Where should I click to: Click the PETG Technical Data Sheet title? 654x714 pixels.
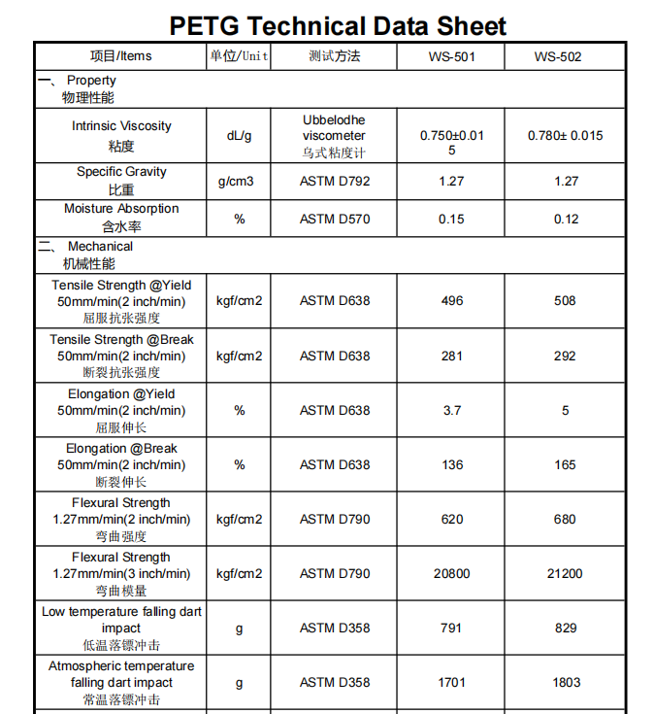(338, 25)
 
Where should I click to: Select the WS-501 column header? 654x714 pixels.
(451, 56)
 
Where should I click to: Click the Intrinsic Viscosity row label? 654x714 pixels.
(121, 135)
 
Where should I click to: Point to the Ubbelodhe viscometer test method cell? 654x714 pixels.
(334, 136)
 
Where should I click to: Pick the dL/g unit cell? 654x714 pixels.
(239, 136)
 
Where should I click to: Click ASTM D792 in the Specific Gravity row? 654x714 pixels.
(334, 181)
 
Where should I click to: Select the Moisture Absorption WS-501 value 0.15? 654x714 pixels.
(451, 219)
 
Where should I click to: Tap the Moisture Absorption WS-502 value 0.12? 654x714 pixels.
(566, 219)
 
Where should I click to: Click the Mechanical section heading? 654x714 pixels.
(97, 255)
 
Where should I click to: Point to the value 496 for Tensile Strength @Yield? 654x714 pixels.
(452, 301)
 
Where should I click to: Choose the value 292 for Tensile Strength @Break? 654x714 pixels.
(565, 356)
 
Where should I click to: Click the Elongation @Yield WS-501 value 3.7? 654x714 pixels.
(452, 410)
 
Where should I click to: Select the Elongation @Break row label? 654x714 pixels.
(121, 464)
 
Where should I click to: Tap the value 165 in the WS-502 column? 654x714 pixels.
(565, 464)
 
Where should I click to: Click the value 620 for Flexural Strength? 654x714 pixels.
(452, 519)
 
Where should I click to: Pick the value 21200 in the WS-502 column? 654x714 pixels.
(565, 573)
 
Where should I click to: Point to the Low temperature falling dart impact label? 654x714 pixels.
(121, 628)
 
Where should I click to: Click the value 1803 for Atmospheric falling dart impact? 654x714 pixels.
(566, 682)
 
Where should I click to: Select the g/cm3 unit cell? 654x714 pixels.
(239, 181)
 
